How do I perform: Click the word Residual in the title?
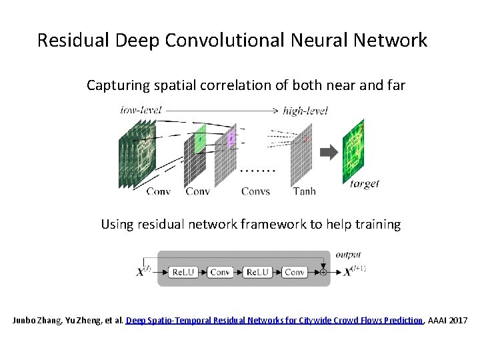(74, 41)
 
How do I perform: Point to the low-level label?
(141, 110)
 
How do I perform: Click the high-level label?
(305, 111)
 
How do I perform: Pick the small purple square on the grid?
(231, 139)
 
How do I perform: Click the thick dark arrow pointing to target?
(329, 153)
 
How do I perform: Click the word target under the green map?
(365, 184)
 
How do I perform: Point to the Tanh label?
(305, 191)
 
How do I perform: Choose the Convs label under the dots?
(256, 191)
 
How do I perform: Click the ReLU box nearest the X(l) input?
(183, 272)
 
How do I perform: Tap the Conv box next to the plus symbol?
(294, 272)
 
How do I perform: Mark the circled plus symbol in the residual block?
(323, 272)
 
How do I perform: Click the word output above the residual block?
(348, 255)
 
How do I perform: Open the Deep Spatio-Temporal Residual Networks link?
(274, 321)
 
